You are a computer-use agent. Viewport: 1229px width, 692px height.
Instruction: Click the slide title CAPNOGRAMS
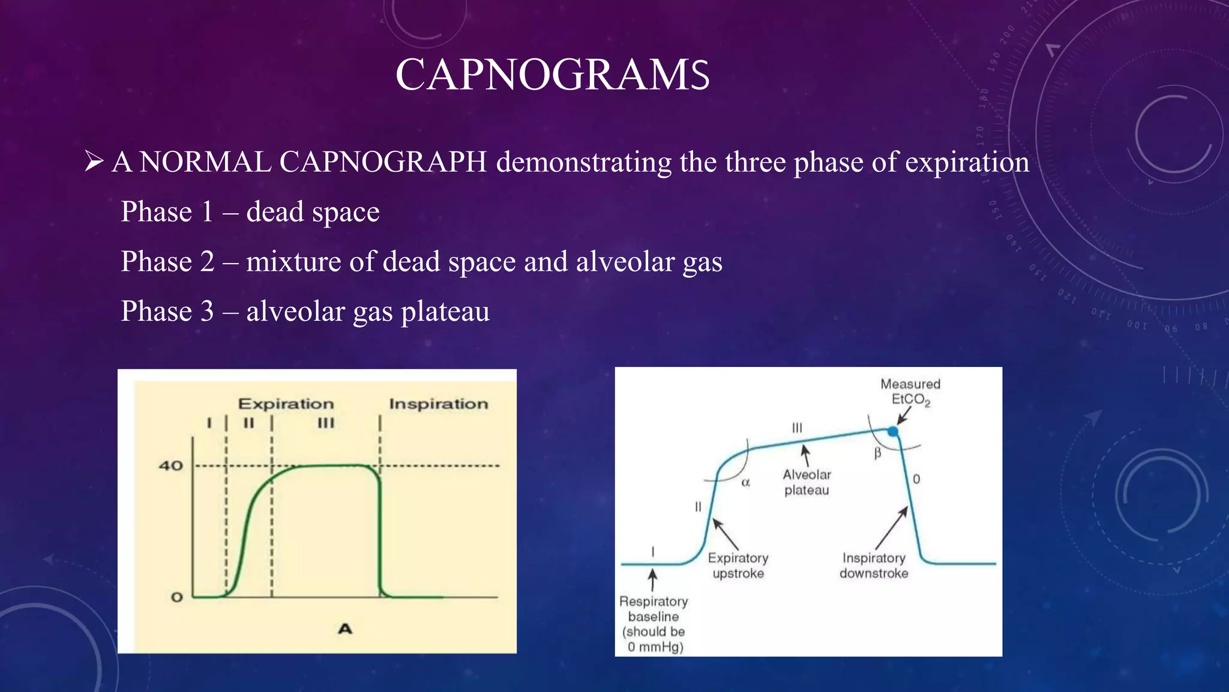tap(552, 75)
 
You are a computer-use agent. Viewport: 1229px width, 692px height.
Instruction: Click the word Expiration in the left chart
tap(286, 404)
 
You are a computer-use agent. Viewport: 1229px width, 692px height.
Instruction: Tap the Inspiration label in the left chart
tap(439, 404)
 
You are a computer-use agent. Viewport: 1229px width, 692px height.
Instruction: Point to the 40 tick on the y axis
tap(170, 466)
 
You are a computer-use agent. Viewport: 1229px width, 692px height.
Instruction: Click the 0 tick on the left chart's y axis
tap(176, 597)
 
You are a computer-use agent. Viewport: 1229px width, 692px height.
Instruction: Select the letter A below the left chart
tap(345, 629)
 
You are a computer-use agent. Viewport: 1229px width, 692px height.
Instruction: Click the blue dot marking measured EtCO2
tap(893, 431)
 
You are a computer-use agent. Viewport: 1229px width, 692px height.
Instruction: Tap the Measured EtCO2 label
tap(910, 392)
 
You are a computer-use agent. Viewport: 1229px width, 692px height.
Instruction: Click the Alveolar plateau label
tap(807, 482)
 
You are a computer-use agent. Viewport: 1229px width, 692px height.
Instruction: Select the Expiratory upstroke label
tap(738, 565)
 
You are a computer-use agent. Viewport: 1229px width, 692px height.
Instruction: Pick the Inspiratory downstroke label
tap(874, 565)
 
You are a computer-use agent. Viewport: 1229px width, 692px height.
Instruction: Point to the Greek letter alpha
tap(745, 482)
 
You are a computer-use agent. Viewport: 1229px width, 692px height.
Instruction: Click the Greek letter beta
tap(877, 454)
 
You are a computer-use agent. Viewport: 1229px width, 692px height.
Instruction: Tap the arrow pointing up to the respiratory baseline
tap(653, 580)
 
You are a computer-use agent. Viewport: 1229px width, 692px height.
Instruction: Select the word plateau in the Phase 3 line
tap(445, 311)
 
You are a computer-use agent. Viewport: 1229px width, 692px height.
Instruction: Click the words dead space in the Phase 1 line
tap(313, 211)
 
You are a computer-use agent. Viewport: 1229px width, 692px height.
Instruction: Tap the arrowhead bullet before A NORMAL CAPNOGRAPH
tap(94, 162)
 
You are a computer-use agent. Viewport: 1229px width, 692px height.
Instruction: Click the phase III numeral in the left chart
tap(326, 423)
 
